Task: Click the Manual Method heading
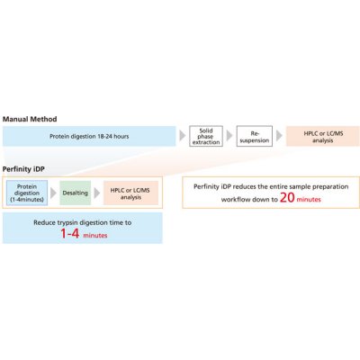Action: [x=30, y=119]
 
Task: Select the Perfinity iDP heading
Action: [x=23, y=169]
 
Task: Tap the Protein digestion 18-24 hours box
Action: [x=89, y=136]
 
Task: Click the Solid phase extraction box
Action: [x=206, y=136]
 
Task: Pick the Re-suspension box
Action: [x=255, y=136]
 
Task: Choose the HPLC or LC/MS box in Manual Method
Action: [x=323, y=136]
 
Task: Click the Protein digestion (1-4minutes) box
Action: [x=27, y=193]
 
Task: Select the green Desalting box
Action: [x=76, y=193]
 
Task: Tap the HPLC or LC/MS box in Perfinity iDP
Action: [x=130, y=193]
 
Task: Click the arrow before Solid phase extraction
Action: [x=182, y=136]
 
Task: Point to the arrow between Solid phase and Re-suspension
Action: [x=229, y=136]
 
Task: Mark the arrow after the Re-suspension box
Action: [x=279, y=136]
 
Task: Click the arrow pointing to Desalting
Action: [x=53, y=193]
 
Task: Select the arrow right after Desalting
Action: [x=97, y=193]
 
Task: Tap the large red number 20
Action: [x=287, y=198]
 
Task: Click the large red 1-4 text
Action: [x=70, y=233]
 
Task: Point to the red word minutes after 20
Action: [x=309, y=200]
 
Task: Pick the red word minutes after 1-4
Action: [x=95, y=236]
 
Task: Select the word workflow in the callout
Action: [x=234, y=199]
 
